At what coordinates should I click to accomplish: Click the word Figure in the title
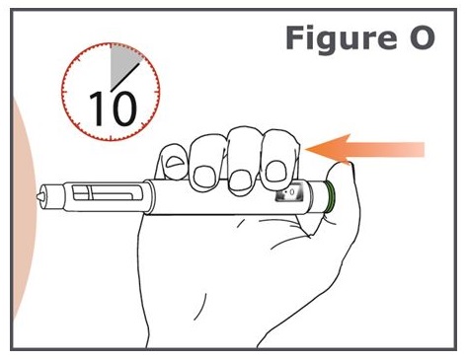coord(342,39)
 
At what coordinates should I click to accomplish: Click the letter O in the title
coord(423,38)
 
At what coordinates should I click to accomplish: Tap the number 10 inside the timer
coord(113,108)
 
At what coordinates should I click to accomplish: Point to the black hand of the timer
coord(125,77)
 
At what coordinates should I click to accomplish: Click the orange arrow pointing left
coord(365,149)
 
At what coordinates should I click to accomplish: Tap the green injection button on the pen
coord(330,198)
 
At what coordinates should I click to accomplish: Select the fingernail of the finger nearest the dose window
coord(275,171)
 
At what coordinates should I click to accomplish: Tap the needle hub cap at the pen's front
coord(52,197)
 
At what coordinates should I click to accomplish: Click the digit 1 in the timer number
coord(96,108)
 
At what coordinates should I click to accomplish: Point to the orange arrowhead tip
coord(306,150)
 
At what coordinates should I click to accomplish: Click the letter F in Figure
coord(294,38)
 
